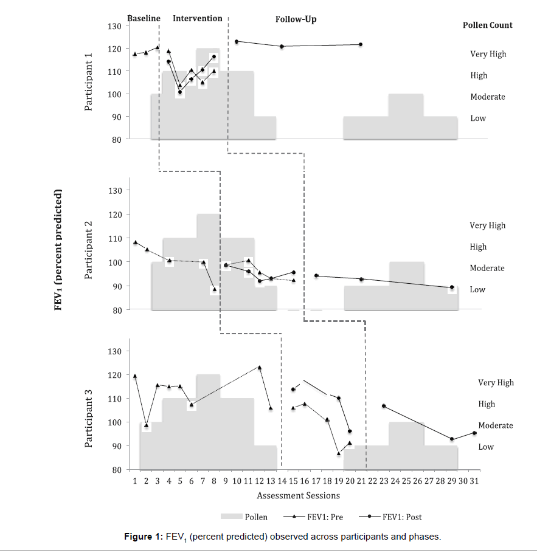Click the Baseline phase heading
tap(144, 18)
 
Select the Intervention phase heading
tap(198, 18)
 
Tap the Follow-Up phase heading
tap(296, 19)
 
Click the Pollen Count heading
tap(488, 26)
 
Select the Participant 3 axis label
tap(89, 419)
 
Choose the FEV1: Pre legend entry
tap(317, 517)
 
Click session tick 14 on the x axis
tap(282, 481)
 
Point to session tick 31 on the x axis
tap(474, 481)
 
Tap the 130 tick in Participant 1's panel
tap(115, 26)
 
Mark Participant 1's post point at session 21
tap(361, 44)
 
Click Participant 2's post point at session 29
tap(452, 287)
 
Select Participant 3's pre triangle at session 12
tap(260, 367)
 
